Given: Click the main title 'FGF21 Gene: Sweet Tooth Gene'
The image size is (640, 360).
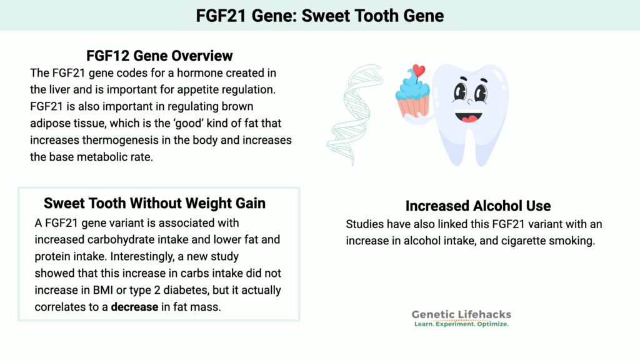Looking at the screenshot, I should pyautogui.click(x=319, y=15).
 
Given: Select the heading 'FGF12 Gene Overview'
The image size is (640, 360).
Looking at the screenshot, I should pyautogui.click(x=160, y=55).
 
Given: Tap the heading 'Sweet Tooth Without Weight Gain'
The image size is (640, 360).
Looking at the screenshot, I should pyautogui.click(x=154, y=203).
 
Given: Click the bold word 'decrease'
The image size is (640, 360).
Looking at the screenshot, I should pyautogui.click(x=134, y=307).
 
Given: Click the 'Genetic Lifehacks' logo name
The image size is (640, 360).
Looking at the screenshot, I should pyautogui.click(x=461, y=315).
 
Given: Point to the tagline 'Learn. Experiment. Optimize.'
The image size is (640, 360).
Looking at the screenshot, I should pyautogui.click(x=461, y=325).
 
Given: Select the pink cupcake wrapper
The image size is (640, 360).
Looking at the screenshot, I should pyautogui.click(x=412, y=106).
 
